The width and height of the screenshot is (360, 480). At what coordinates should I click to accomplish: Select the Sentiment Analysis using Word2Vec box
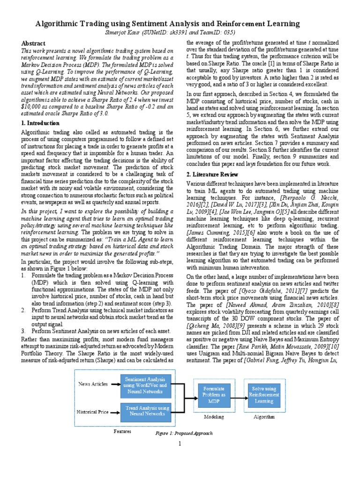tap(147, 384)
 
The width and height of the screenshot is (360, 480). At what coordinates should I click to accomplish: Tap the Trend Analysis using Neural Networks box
tap(147, 412)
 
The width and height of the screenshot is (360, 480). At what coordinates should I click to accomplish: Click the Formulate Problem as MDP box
tap(214, 395)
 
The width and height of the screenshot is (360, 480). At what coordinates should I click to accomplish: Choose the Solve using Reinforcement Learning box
tap(264, 394)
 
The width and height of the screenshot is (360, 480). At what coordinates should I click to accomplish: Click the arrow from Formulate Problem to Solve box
tap(239, 395)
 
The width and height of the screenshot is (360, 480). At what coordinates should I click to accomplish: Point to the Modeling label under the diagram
tap(214, 417)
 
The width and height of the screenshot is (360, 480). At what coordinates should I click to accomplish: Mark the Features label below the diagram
tap(123, 431)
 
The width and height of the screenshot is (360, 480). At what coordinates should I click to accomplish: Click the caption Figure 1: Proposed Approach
tap(184, 434)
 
